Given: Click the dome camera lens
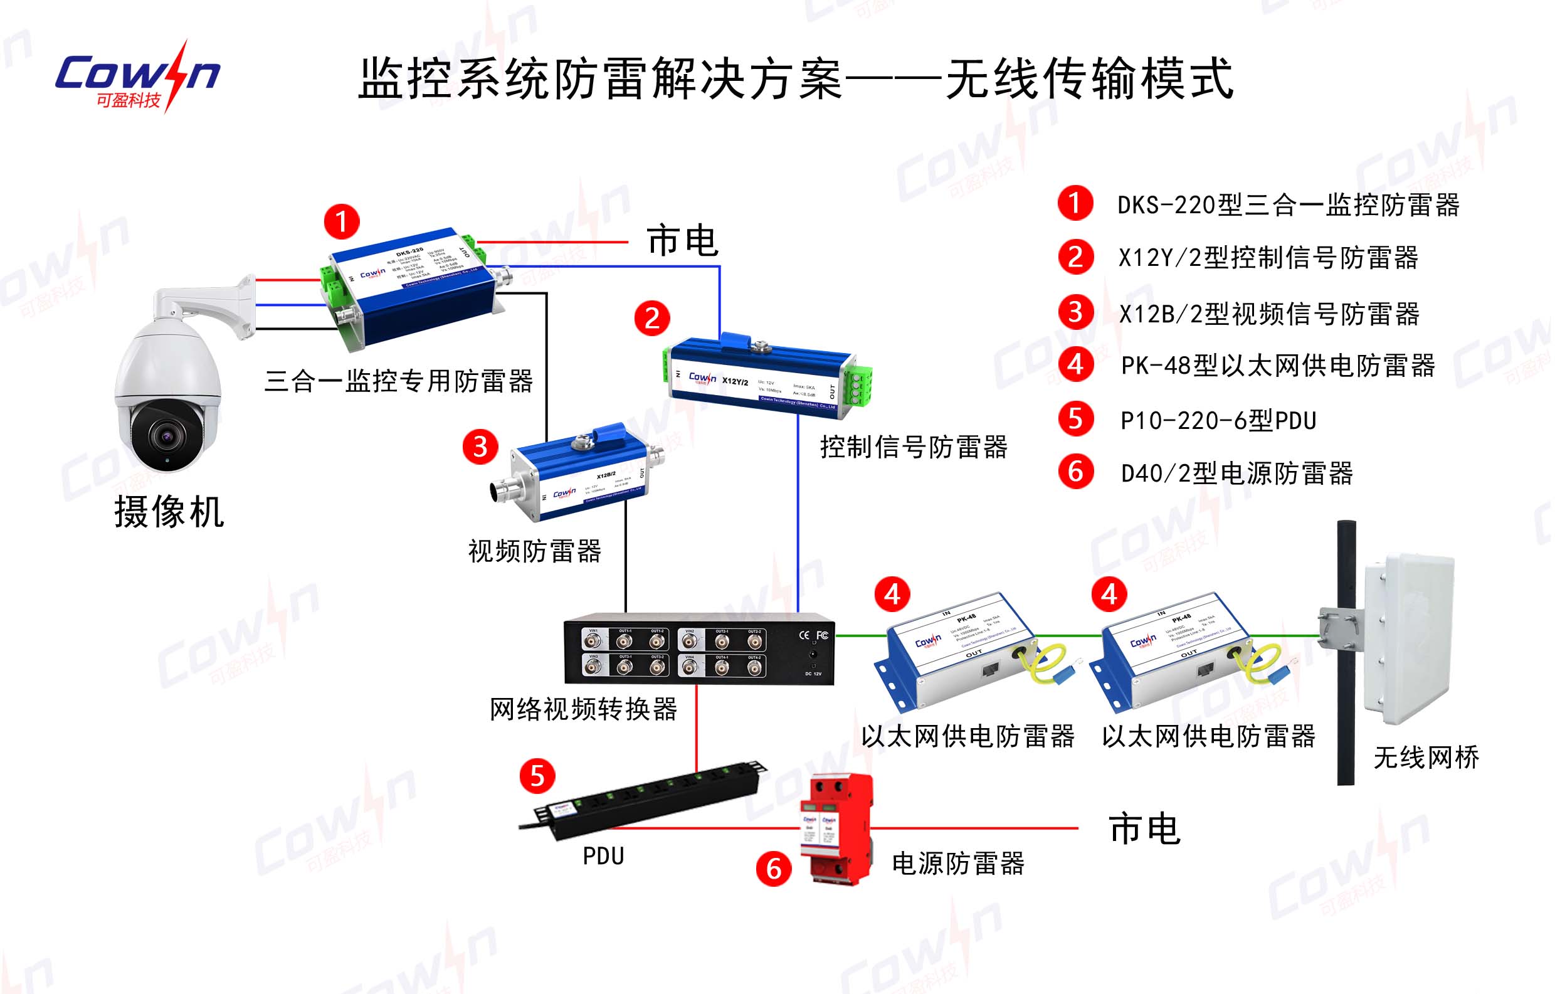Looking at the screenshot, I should pos(167,437).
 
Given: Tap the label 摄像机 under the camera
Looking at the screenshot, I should pos(169,512).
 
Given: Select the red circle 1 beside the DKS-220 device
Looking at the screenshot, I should pos(342,221).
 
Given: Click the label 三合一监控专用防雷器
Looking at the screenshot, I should pos(398,381).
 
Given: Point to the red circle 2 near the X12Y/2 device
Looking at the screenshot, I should pos(651,318).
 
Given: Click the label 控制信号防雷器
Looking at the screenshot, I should pos(913,447).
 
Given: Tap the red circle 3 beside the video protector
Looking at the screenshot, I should pos(480,447).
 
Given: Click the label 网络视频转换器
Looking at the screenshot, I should pos(583,709).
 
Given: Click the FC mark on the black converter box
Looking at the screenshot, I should pos(822,635).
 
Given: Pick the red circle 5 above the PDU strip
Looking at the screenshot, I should pos(537,776).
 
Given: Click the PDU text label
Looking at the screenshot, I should pos(603,857).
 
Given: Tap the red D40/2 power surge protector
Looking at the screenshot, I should pos(836,828).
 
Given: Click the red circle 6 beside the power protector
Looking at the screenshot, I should pos(774,869).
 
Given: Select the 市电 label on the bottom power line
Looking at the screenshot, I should pos(1144,829).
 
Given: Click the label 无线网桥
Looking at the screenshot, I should pos(1426,758).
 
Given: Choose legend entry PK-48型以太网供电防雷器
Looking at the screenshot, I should pos(1277,366).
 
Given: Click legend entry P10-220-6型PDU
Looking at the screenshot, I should pos(1218,420).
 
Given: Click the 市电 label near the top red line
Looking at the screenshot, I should pos(683,241).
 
